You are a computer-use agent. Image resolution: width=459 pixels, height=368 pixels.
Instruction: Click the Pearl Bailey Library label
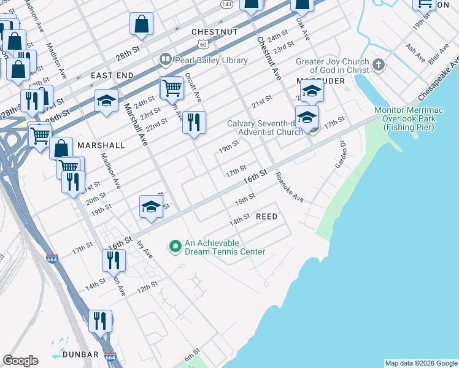pyautogui.click(x=211, y=60)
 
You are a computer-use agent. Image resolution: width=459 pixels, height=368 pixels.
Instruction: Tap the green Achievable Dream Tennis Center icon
pyautogui.click(x=175, y=247)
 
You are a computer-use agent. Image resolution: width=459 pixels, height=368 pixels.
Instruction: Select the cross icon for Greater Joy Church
pyautogui.click(x=379, y=64)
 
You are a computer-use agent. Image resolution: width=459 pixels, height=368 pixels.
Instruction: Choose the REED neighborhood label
pyautogui.click(x=266, y=217)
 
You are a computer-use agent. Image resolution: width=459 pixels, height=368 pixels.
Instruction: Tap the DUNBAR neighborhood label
pyautogui.click(x=80, y=355)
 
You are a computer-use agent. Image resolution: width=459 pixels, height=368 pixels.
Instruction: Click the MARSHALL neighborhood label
pyautogui.click(x=101, y=145)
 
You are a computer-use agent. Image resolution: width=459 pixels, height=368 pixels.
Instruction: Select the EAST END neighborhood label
pyautogui.click(x=112, y=75)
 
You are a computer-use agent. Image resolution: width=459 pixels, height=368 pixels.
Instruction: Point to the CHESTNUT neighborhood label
pyautogui.click(x=214, y=31)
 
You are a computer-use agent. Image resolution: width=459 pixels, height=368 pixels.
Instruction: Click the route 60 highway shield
pyautogui.click(x=203, y=44)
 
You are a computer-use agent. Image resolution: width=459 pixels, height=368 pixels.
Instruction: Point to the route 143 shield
pyautogui.click(x=226, y=4)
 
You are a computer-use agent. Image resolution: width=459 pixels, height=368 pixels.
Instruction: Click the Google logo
pyautogui.click(x=20, y=361)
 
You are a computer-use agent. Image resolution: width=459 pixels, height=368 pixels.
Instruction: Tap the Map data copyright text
pyautogui.click(x=420, y=363)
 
